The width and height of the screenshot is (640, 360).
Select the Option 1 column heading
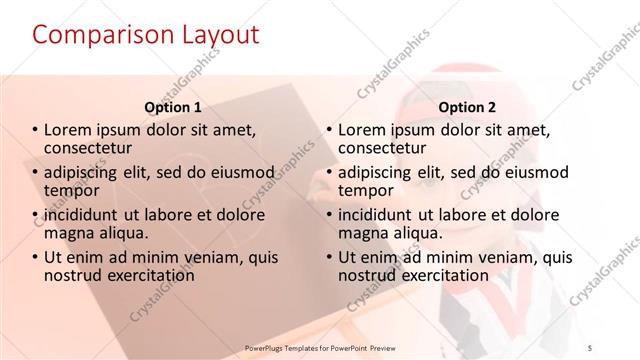173,107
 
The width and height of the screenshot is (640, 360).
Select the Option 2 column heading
466,107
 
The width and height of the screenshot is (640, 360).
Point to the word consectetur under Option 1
96,148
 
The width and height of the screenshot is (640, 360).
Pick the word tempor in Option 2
366,190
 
